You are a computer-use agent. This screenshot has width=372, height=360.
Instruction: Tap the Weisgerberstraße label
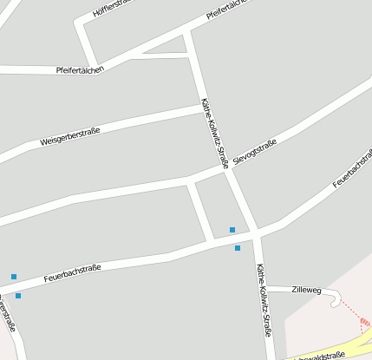pos(70,136)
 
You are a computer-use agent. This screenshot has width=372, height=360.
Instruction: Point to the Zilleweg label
pos(306,289)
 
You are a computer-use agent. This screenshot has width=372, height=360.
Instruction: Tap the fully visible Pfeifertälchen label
pos(80,69)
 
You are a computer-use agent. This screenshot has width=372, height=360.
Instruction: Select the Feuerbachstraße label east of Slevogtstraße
pos(353,169)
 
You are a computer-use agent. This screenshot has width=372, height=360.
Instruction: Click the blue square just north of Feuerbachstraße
pos(232,230)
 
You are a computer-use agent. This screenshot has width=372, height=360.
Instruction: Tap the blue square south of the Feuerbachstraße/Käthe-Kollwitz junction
pos(238,248)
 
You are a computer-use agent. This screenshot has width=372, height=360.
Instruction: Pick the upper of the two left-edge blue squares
pos(14,277)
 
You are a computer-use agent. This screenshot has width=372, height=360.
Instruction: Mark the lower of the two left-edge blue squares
pos(18,296)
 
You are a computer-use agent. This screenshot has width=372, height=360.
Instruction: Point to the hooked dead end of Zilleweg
pos(336,299)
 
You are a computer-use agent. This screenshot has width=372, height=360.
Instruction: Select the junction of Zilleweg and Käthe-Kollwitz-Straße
pos(262,287)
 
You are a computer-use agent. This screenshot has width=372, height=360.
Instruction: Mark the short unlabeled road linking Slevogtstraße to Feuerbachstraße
pos(199,208)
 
